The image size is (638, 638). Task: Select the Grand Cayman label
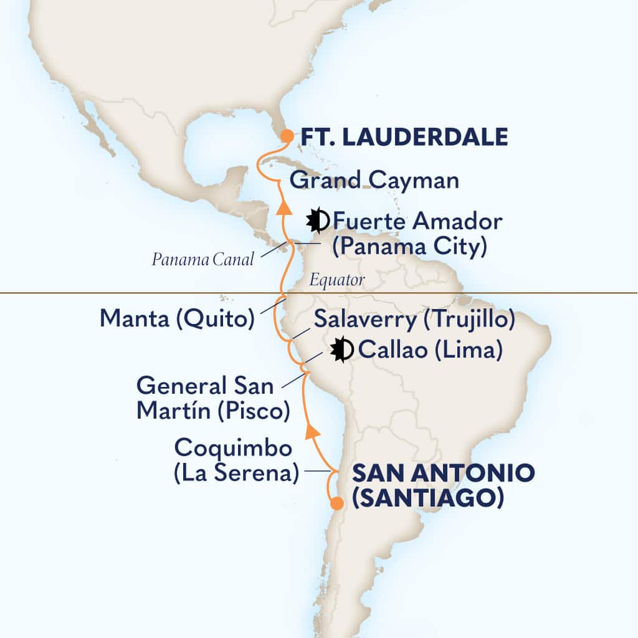point(374,181)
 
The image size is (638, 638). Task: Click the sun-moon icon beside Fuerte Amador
point(318,219)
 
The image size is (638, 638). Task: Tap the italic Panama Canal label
point(202,260)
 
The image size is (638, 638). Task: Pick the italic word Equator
point(337,280)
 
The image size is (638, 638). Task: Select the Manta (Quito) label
point(178,320)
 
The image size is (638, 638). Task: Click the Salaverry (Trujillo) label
point(414,320)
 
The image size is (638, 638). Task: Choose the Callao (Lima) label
point(431,351)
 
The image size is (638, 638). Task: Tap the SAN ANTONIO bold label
point(443,473)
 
